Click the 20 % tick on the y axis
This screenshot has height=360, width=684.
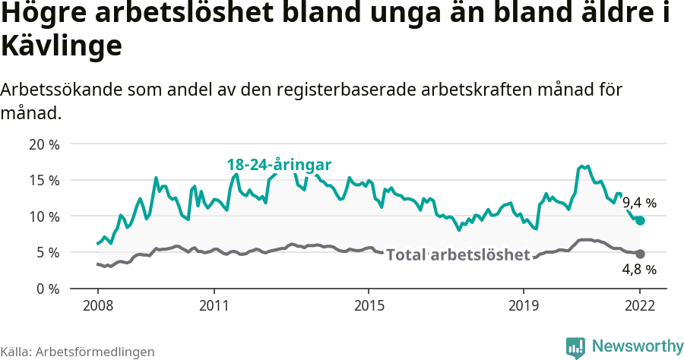[x=44, y=144]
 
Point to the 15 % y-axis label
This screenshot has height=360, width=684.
[x=44, y=180]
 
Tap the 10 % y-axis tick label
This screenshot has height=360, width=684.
[x=44, y=216]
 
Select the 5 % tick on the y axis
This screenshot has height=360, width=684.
[x=48, y=252]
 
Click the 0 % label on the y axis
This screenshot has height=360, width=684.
[x=48, y=289]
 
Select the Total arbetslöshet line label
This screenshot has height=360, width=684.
[x=458, y=255]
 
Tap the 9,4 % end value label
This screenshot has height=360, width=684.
[x=639, y=203]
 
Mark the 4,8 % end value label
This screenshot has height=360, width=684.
[x=639, y=270]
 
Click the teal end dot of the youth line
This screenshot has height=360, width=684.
[x=640, y=220]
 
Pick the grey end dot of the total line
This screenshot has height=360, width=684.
[x=640, y=254]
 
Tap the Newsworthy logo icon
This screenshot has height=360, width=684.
[x=575, y=347]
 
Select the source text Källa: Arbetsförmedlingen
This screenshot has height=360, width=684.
[x=78, y=352]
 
